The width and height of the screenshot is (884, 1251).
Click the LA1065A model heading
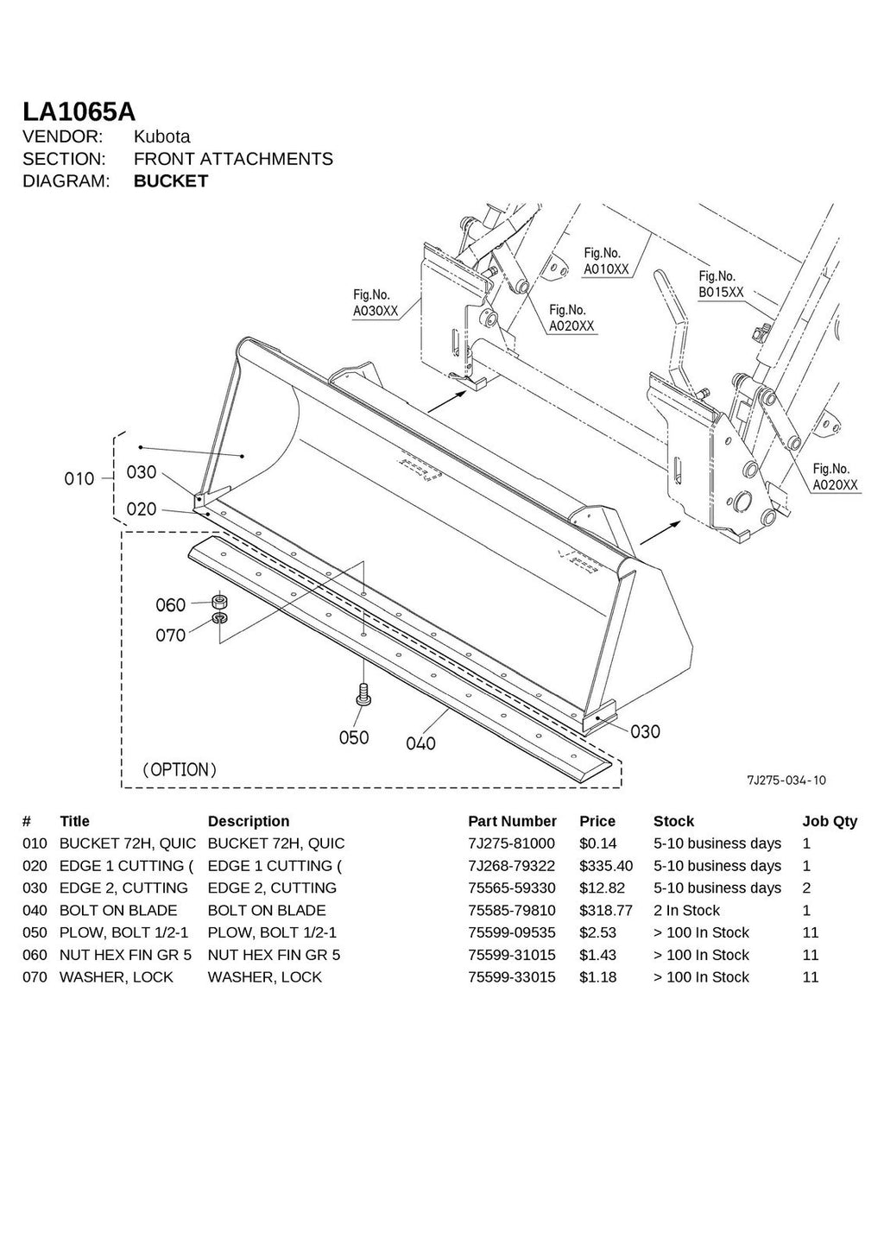(79, 112)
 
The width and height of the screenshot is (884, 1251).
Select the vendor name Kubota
(161, 136)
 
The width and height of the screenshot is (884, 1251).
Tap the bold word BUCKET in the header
(171, 181)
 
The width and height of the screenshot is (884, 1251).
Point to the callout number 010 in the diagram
(79, 478)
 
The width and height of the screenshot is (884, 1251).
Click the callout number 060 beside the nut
(171, 604)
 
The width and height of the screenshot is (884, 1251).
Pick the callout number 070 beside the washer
(171, 635)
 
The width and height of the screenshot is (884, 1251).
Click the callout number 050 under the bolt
(354, 737)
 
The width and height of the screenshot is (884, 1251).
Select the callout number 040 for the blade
(420, 743)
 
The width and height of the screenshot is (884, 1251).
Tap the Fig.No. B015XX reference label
(720, 284)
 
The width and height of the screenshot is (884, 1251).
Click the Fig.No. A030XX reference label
(376, 303)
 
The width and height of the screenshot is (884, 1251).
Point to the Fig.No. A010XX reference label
(606, 262)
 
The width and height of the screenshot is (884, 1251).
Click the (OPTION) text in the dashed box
(180, 769)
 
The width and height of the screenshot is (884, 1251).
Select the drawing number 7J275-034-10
(786, 780)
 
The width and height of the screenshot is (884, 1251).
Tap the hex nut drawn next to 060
(219, 601)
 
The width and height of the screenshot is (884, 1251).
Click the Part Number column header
(512, 821)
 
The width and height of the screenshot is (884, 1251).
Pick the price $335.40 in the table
(605, 866)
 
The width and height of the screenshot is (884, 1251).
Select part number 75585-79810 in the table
(512, 910)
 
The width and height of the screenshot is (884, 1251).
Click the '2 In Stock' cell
(686, 910)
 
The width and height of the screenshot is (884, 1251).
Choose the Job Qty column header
(829, 821)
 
